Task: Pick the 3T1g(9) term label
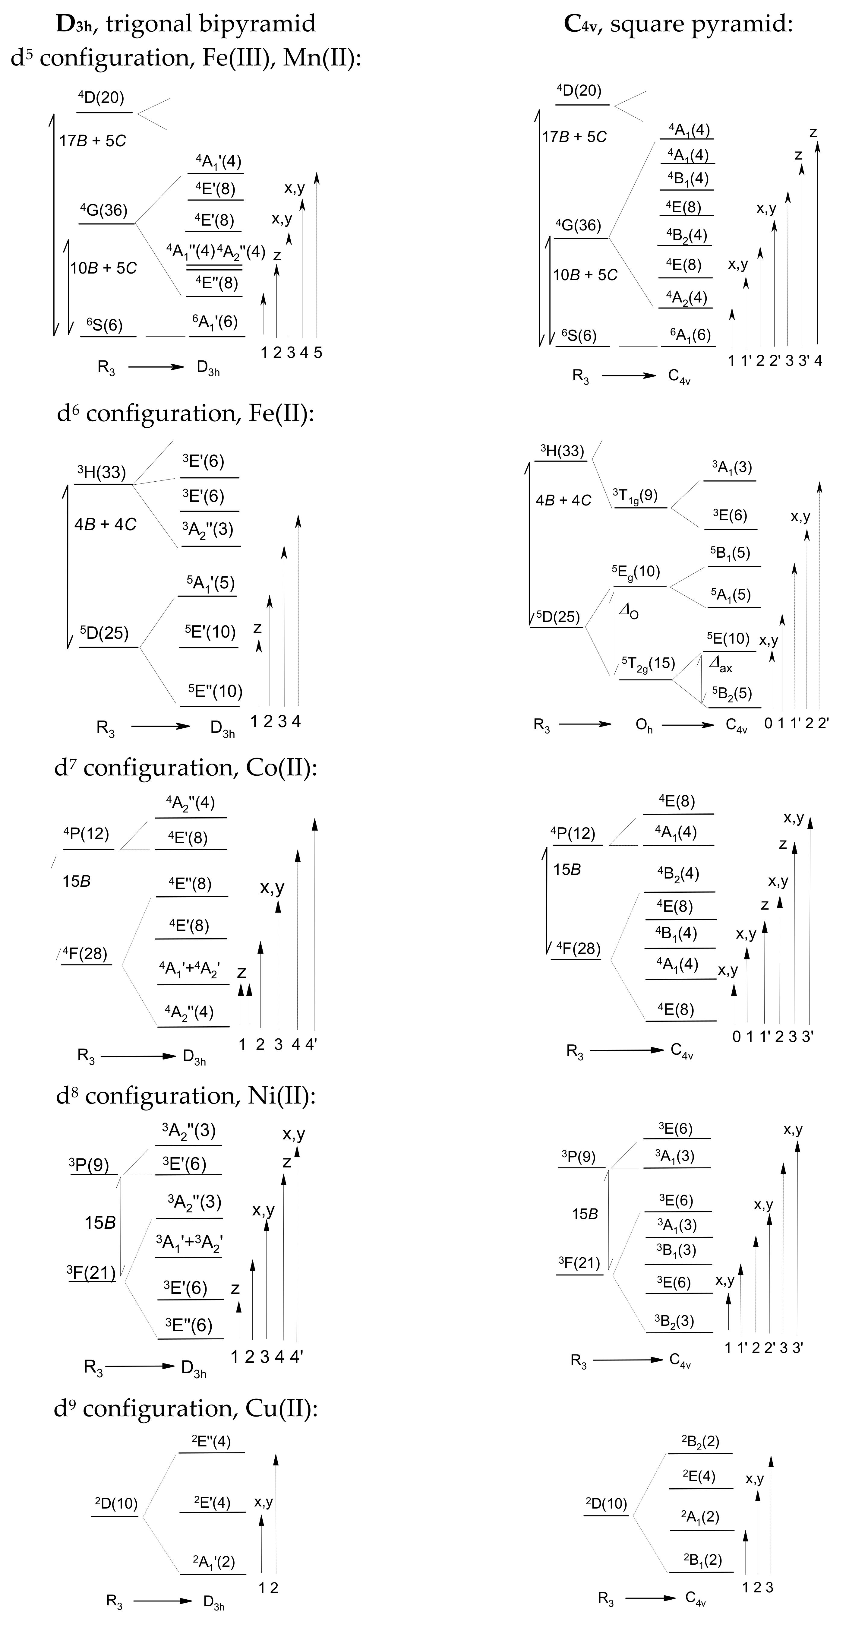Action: pyautogui.click(x=635, y=495)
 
